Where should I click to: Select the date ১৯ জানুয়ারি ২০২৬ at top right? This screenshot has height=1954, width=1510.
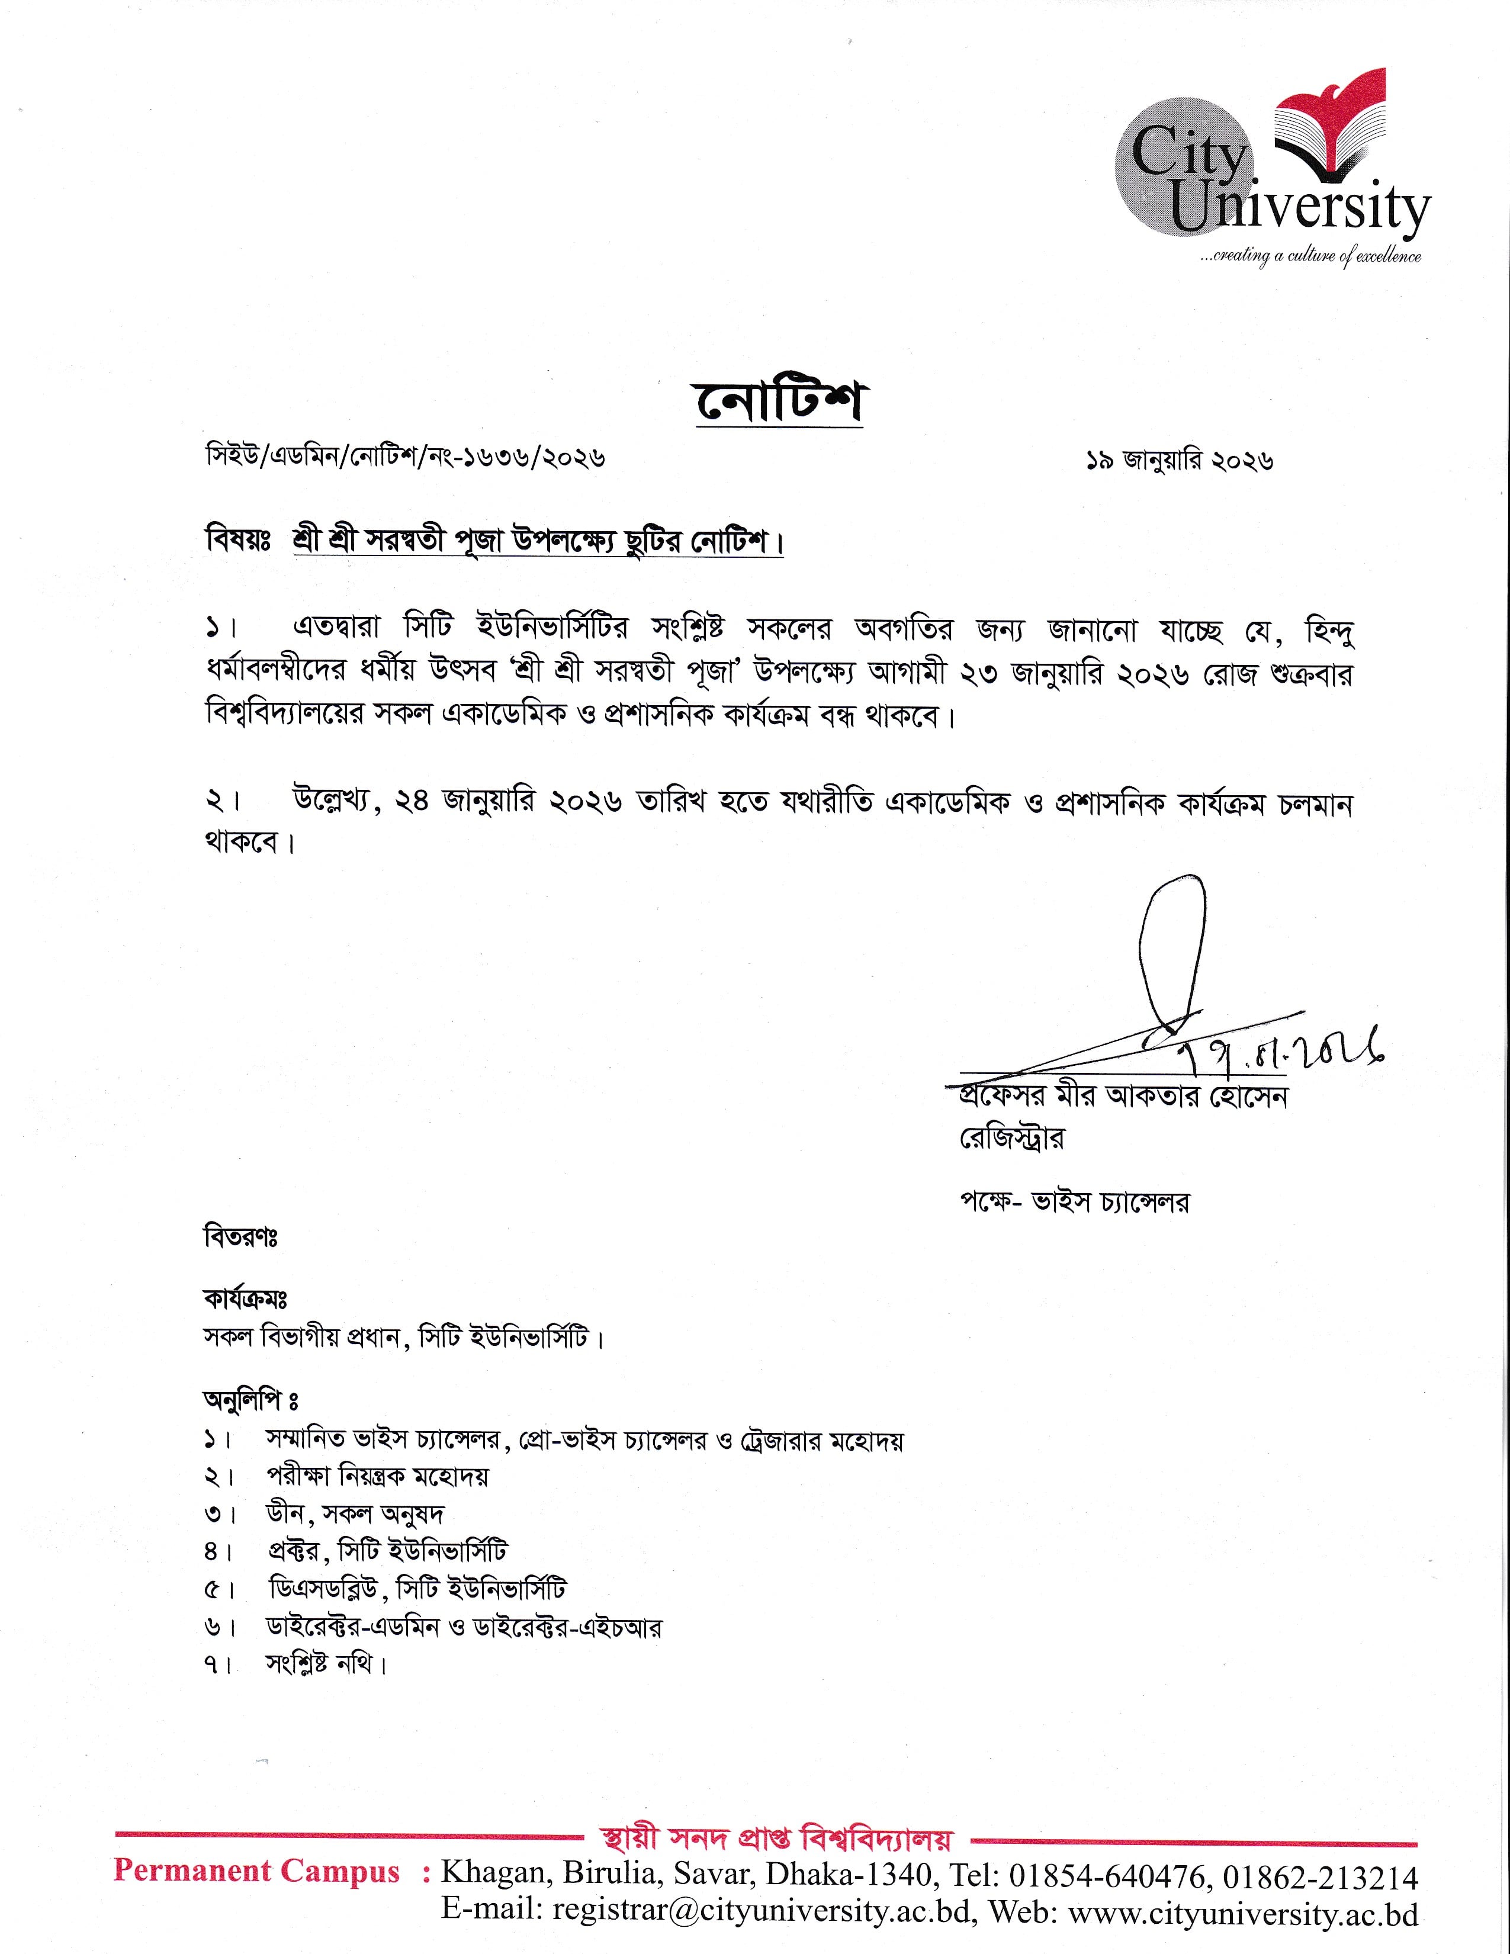(1179, 460)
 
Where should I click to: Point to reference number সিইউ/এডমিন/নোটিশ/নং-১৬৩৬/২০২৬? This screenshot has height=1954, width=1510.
(405, 459)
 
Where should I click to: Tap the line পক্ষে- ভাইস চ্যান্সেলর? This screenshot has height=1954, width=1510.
(1074, 1203)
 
